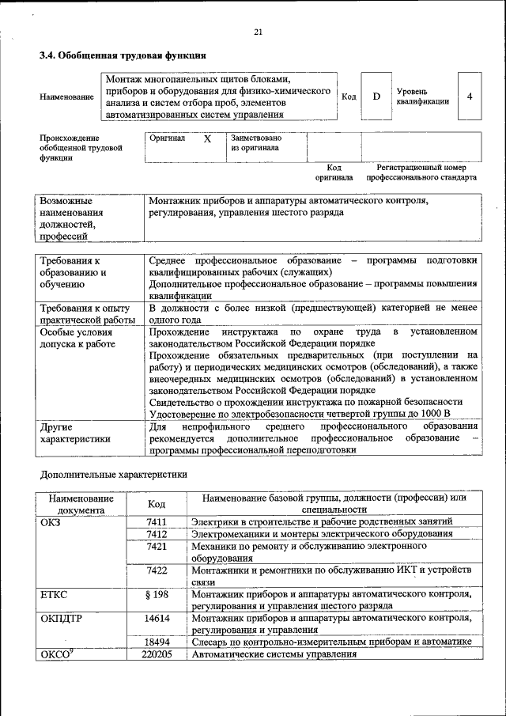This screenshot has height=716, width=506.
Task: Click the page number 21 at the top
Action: (x=258, y=32)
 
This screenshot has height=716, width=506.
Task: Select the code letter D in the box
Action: (x=376, y=97)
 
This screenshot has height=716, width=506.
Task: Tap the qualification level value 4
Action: (x=470, y=97)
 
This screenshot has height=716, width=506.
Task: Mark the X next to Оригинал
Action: (x=208, y=138)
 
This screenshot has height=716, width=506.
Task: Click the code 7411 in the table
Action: (x=157, y=521)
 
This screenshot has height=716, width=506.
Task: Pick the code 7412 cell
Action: (x=157, y=534)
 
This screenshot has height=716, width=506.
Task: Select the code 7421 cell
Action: (x=157, y=547)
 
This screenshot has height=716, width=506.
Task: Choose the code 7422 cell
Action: (x=157, y=570)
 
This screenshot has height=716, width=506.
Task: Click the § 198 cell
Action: (x=157, y=593)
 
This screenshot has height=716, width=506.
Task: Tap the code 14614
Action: (x=157, y=618)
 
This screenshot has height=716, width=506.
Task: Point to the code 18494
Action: (x=157, y=642)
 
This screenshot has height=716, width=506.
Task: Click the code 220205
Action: (x=157, y=655)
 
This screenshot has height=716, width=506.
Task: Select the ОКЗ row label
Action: (x=50, y=521)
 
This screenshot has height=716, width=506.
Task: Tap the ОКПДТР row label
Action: (x=61, y=618)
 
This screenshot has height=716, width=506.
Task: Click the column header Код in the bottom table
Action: (x=157, y=504)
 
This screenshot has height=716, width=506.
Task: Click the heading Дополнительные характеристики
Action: (x=114, y=475)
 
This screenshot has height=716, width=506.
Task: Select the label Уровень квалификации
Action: (x=423, y=97)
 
